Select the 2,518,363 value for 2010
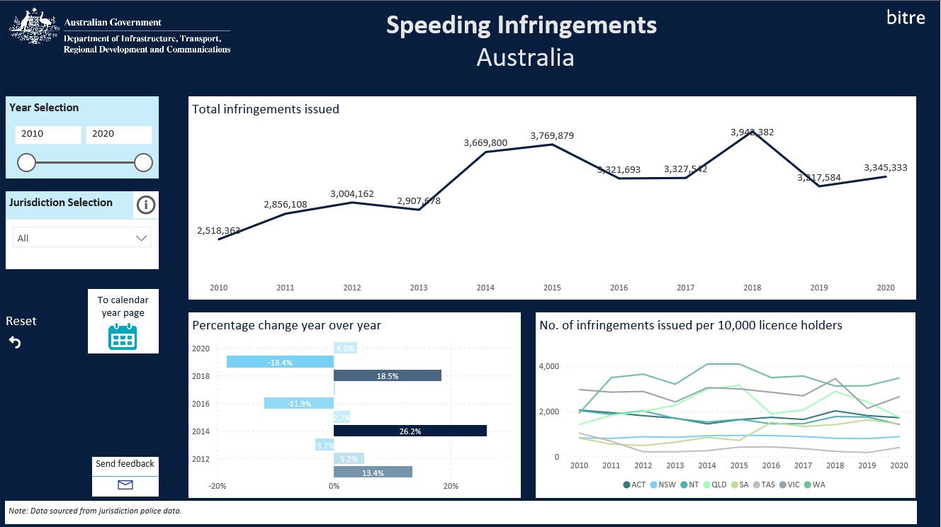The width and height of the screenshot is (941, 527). pyautogui.click(x=218, y=230)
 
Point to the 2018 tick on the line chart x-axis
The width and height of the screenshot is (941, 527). pyautogui.click(x=752, y=288)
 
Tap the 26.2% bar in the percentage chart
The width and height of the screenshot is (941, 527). pyautogui.click(x=410, y=431)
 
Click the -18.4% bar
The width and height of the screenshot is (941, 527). pyautogui.click(x=280, y=362)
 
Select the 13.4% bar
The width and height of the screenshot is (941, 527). pyautogui.click(x=373, y=472)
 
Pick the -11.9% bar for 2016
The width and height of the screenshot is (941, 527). pyautogui.click(x=298, y=403)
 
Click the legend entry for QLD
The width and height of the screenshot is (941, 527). pyautogui.click(x=715, y=484)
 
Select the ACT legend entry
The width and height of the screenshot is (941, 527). pyautogui.click(x=633, y=484)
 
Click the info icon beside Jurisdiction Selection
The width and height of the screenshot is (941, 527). pyautogui.click(x=146, y=205)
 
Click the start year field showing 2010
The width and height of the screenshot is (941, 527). pyautogui.click(x=47, y=134)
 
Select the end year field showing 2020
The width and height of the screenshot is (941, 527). pyautogui.click(x=118, y=134)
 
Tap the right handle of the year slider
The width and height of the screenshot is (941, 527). pyautogui.click(x=143, y=163)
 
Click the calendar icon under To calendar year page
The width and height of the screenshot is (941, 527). pyautogui.click(x=123, y=336)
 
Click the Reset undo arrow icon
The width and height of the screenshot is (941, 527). pyautogui.click(x=15, y=343)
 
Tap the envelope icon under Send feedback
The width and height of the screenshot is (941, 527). pyautogui.click(x=125, y=484)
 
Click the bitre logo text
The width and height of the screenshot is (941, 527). pyautogui.click(x=906, y=18)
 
